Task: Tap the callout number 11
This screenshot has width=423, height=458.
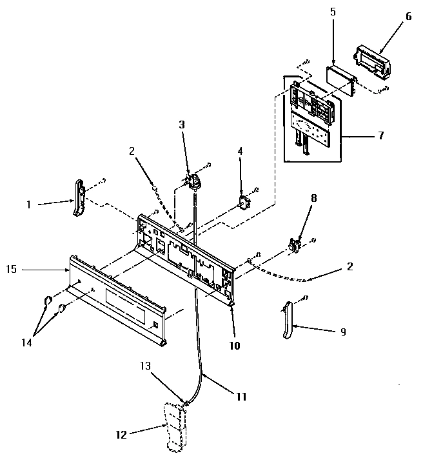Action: (241, 397)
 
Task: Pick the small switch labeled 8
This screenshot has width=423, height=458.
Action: (295, 245)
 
